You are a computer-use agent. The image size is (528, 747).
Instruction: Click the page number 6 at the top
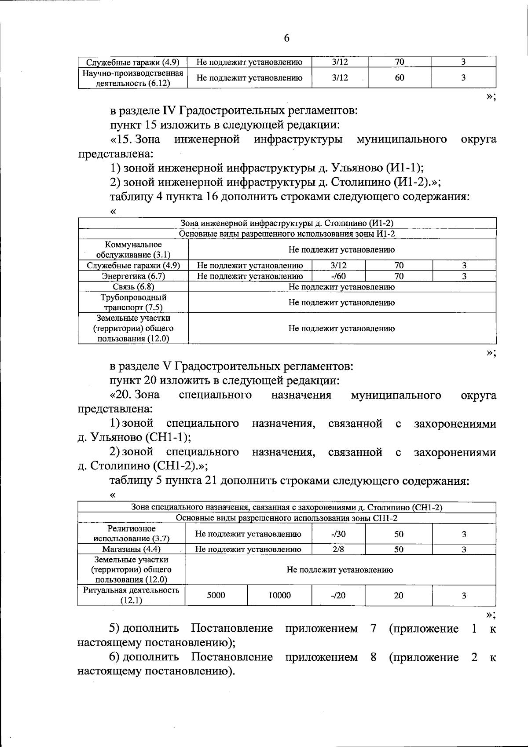click(286, 38)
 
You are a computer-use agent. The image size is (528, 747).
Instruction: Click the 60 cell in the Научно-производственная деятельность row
click(400, 78)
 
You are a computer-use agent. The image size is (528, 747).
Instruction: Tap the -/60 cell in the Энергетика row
click(338, 276)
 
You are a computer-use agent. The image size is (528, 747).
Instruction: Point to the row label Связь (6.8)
click(133, 287)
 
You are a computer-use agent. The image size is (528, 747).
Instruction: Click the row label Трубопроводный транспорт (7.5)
click(133, 303)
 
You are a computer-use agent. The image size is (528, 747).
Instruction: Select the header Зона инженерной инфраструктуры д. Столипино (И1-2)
click(287, 223)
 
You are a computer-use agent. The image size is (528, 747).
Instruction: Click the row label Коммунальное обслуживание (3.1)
click(133, 249)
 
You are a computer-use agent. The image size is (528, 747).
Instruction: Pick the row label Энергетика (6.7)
click(133, 276)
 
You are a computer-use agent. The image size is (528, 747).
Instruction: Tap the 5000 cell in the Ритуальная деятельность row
click(216, 595)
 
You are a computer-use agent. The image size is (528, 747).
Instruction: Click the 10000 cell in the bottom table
click(279, 595)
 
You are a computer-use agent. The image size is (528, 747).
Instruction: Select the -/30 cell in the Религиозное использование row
click(338, 534)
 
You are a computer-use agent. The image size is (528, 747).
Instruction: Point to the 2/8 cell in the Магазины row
click(338, 549)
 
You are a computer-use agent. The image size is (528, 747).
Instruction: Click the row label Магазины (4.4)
click(131, 549)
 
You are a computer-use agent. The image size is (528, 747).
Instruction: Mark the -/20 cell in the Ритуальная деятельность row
click(338, 595)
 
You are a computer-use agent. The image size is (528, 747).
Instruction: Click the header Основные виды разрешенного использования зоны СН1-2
click(287, 518)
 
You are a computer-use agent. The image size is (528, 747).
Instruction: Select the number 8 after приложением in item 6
click(373, 657)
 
